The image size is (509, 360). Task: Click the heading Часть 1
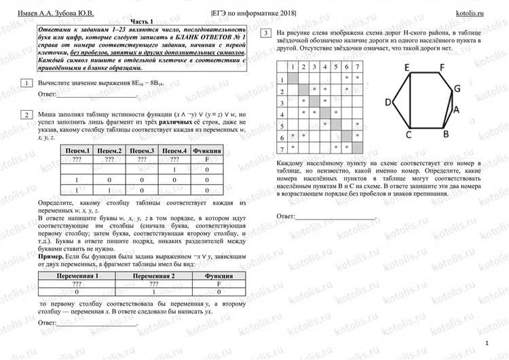coord(136,22)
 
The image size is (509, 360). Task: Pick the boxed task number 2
coord(26,115)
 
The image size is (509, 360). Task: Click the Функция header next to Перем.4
coord(209,150)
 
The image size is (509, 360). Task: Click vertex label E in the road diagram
coord(407,67)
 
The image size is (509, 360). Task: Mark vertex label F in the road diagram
coord(442,67)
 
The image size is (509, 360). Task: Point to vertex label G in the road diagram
coord(457,88)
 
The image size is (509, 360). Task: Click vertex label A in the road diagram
coord(457,109)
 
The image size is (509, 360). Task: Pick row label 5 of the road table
coord(283,126)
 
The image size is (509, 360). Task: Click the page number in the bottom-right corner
coord(487,345)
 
